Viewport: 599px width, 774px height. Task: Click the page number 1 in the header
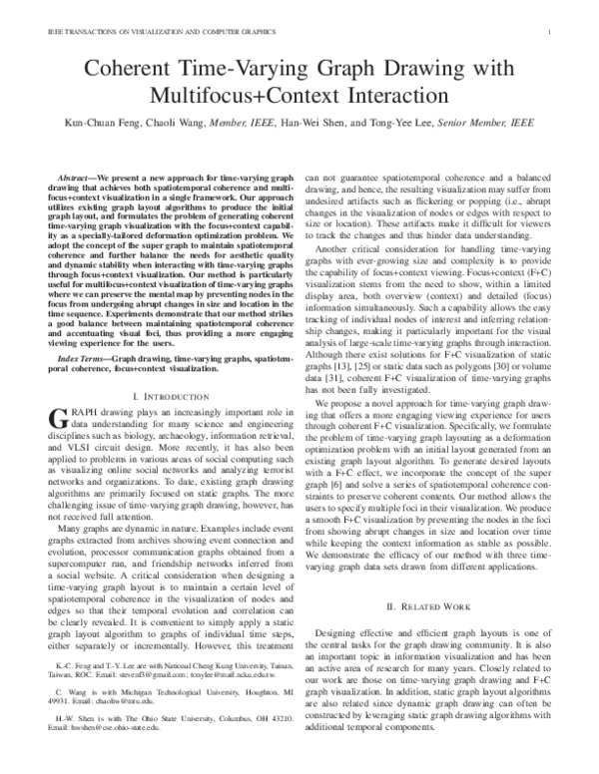click(x=551, y=32)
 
